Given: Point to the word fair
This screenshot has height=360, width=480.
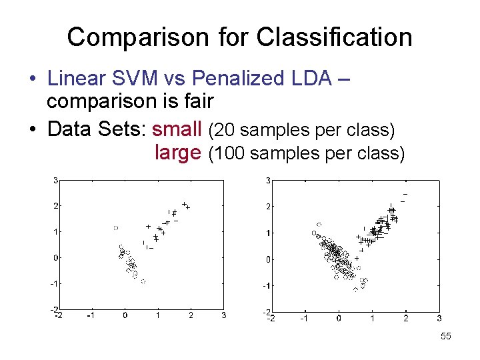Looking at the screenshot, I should (x=195, y=102).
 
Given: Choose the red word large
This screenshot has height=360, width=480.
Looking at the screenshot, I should (x=177, y=153).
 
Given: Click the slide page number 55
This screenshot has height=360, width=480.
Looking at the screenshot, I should (x=446, y=337).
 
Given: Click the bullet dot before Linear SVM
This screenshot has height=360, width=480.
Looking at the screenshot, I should (x=32, y=79).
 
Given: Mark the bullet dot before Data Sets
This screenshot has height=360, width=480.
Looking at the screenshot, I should (x=32, y=129).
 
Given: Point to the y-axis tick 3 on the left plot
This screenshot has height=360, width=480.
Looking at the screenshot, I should (x=55, y=180).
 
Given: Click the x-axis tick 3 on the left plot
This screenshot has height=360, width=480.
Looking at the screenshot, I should (x=223, y=315).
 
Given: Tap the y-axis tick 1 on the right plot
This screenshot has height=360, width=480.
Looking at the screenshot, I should (x=267, y=233).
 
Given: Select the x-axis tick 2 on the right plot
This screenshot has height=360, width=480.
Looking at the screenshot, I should (x=405, y=318).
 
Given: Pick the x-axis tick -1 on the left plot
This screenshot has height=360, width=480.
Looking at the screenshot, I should (x=91, y=315).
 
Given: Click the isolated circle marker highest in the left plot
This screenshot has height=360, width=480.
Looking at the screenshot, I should (x=115, y=228).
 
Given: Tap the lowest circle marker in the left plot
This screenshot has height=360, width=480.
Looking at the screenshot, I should (x=143, y=281).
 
